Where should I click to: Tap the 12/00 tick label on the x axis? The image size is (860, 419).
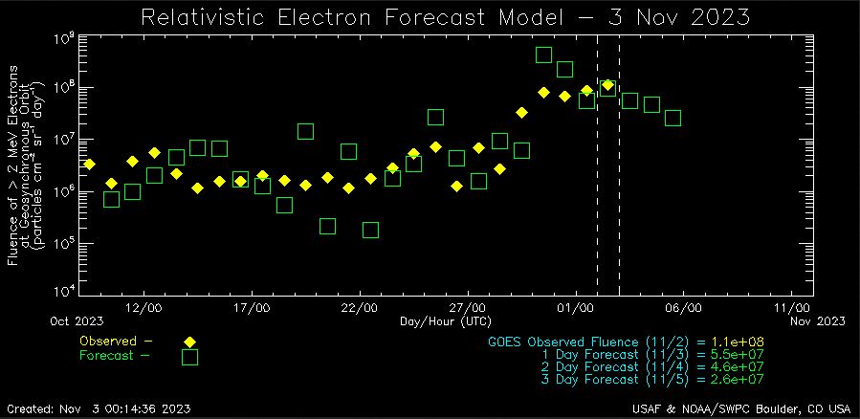tap(143, 308)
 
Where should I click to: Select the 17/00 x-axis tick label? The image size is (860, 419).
tap(252, 308)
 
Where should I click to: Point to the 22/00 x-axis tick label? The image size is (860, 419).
tap(359, 308)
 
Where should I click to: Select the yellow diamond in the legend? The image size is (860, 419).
tap(189, 342)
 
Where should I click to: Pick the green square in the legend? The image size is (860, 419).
tap(189, 357)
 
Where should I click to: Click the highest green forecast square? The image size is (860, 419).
tap(543, 55)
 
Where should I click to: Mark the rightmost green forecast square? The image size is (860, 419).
tap(673, 118)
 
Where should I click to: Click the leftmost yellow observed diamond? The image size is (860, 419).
tap(90, 164)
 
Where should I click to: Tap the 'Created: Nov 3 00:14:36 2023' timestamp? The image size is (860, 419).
tap(99, 408)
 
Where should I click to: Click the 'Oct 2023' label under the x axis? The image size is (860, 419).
tap(77, 320)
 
